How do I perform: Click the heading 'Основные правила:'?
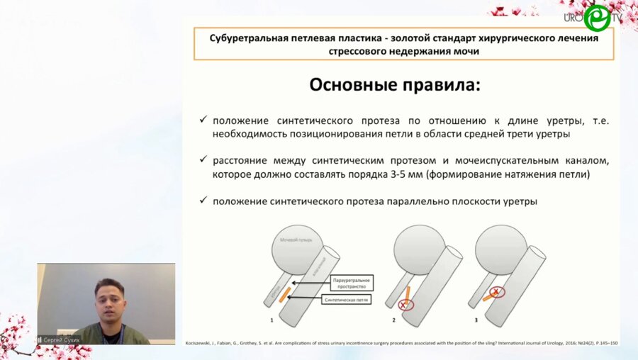pyautogui.click(x=395, y=86)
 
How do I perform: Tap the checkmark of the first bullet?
pyautogui.click(x=203, y=121)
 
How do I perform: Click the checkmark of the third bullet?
pyautogui.click(x=203, y=201)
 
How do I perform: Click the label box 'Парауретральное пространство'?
pyautogui.click(x=352, y=284)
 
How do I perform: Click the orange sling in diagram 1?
pyautogui.click(x=284, y=292)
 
